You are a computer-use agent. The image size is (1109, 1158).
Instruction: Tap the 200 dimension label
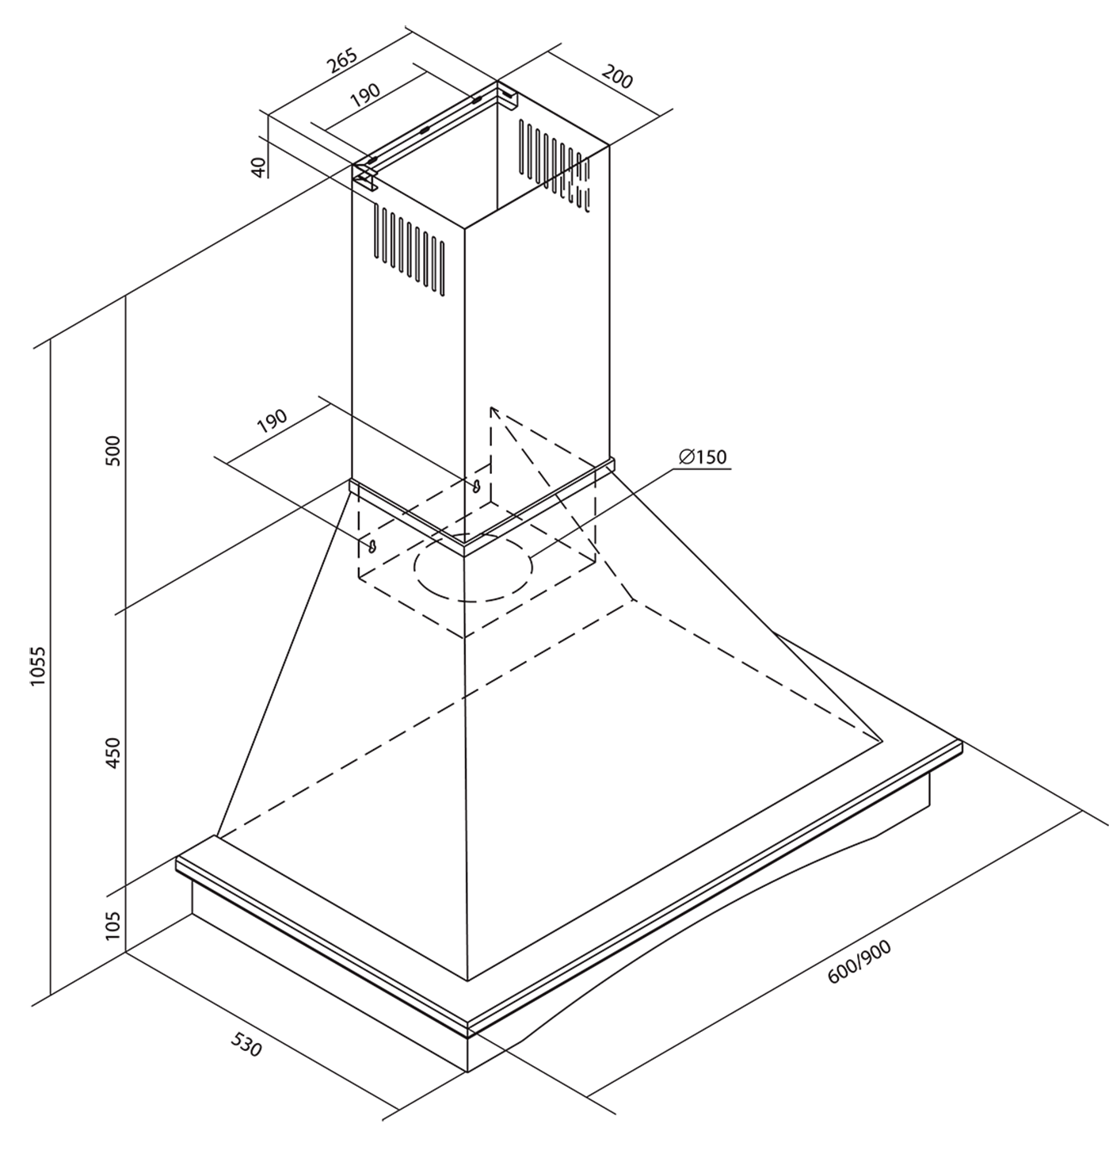point(617,78)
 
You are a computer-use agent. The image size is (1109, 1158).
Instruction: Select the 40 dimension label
point(257,166)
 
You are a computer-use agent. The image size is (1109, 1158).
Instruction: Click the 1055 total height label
point(40,667)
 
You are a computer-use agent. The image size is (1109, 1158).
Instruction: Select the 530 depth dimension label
point(246,1045)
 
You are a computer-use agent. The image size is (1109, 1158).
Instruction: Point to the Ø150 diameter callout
point(703,457)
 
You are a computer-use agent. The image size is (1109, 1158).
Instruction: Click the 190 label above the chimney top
point(365,95)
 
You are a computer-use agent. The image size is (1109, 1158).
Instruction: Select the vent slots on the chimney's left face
point(410,250)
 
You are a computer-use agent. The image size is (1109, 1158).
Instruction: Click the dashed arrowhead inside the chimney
point(493,411)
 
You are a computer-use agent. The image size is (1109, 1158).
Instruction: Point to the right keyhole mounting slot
point(477,486)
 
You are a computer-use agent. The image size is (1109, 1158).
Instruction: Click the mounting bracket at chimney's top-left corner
point(365,178)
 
